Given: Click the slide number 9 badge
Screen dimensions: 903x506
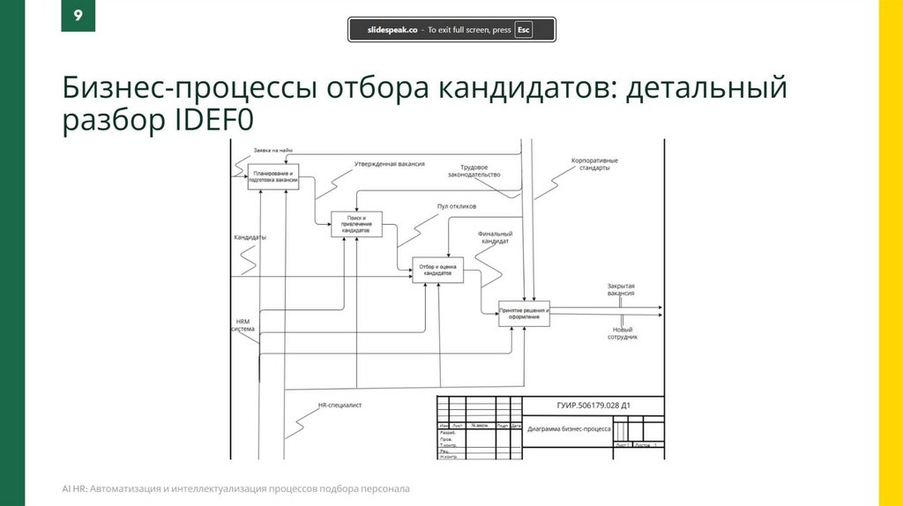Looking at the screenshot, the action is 78,17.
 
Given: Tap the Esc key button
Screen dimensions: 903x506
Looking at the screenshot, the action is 524,29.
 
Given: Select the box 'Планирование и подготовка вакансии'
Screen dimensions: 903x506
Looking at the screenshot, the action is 273,176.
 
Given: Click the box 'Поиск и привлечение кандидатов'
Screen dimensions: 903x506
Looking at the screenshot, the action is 357,223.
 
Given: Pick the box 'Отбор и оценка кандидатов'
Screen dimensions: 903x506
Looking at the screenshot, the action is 437,270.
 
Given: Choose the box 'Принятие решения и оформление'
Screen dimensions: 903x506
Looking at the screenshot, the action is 524,314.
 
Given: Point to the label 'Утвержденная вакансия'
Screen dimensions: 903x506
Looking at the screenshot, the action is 390,164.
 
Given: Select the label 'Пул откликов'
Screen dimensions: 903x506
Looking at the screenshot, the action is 457,206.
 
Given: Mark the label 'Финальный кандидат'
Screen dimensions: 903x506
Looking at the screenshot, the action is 495,238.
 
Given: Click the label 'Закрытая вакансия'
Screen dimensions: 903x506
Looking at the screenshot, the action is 621,290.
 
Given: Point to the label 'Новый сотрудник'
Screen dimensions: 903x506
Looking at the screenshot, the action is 621,333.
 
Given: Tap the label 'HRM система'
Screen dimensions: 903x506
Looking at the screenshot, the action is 243,325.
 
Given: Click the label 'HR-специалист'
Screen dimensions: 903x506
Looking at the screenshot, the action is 340,406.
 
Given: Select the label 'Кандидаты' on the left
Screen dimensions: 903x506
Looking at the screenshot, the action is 250,238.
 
